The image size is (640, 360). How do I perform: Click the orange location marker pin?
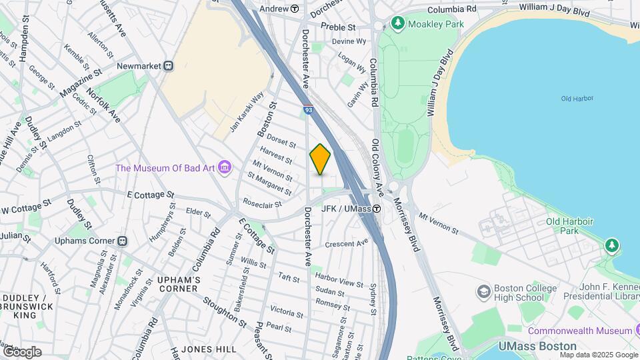[x=321, y=160]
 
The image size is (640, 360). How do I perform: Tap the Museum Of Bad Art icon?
[x=225, y=167]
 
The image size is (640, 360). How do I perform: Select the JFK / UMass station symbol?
[x=377, y=209]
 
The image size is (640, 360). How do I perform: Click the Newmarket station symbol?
[x=169, y=66]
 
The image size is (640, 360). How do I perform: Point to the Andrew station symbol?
[x=295, y=9]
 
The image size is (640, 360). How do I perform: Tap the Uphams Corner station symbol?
[x=123, y=241]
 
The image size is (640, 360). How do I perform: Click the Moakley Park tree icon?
[x=398, y=24]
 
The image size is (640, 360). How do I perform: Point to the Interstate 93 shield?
[x=308, y=109]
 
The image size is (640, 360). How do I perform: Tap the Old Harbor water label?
[x=577, y=99]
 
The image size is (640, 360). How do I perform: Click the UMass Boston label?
[x=537, y=346]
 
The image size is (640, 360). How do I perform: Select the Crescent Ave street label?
[x=347, y=243]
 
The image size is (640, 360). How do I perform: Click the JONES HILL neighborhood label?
[x=209, y=349]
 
